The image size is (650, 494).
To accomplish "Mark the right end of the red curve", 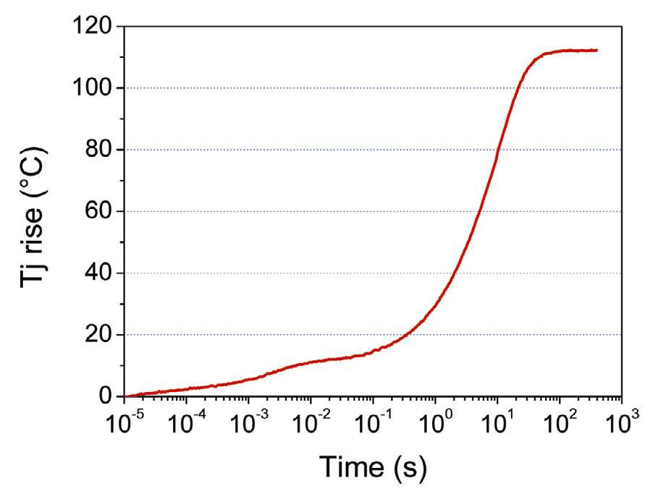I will (597, 50).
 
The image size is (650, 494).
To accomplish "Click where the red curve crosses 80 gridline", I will (497, 150).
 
